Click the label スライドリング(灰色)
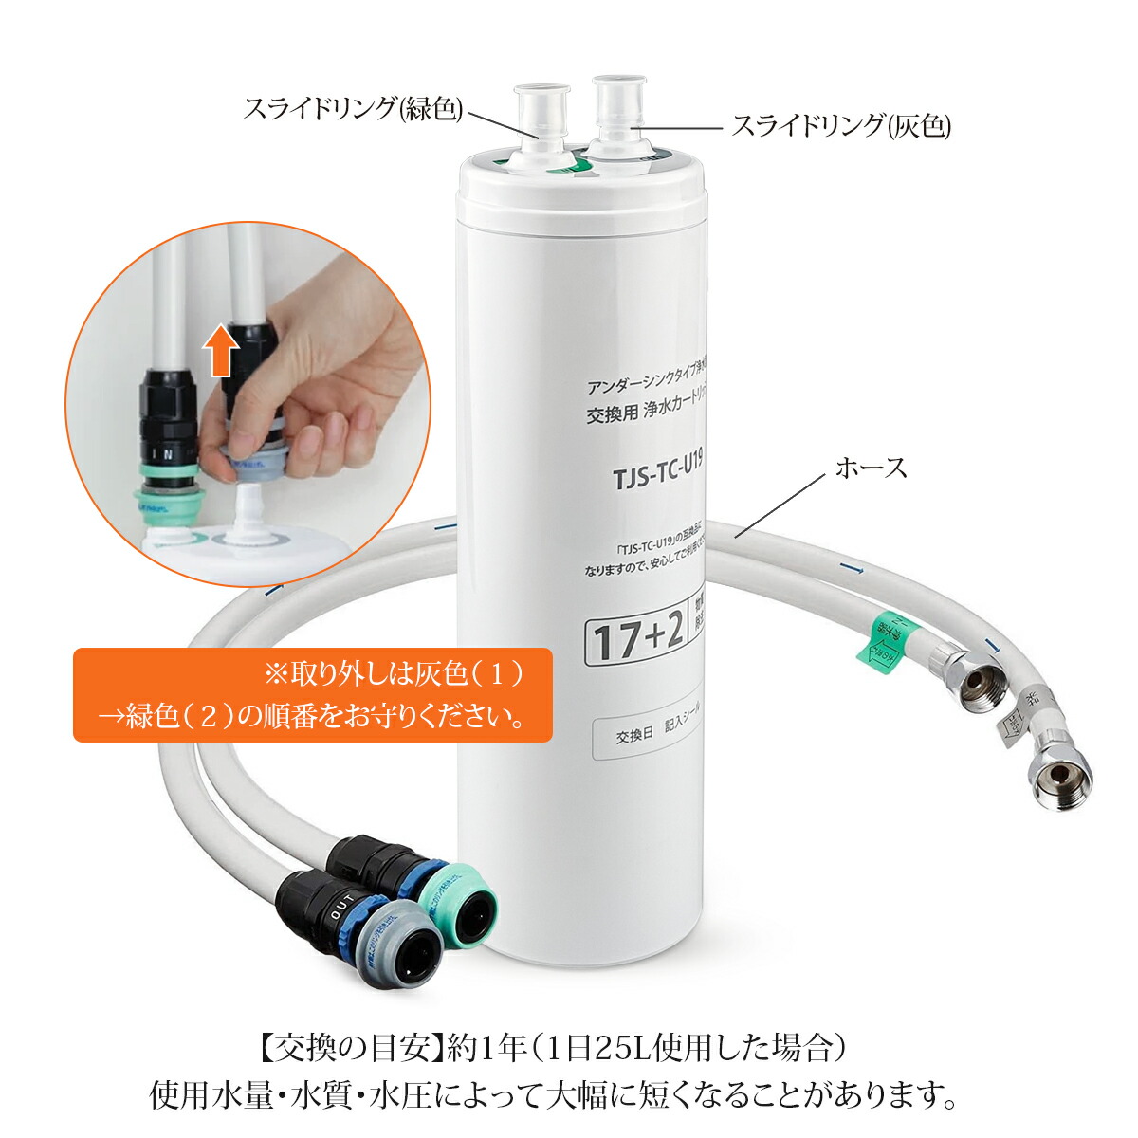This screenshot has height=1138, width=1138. click(x=840, y=125)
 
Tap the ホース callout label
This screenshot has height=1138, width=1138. click(x=871, y=468)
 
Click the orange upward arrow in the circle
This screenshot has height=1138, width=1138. click(x=221, y=348)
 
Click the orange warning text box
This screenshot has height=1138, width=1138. click(x=312, y=694)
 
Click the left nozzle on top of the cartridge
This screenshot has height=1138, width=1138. click(x=541, y=123)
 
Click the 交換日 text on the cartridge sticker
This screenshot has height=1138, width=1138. click(x=634, y=736)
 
